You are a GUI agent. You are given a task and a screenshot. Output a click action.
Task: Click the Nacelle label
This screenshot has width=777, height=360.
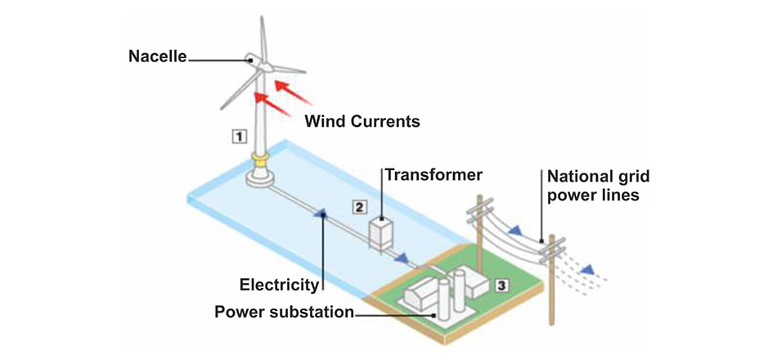[157, 57]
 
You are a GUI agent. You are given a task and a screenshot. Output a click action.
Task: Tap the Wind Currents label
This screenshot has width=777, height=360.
[362, 122]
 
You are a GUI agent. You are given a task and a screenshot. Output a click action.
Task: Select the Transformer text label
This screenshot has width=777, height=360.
[433, 175]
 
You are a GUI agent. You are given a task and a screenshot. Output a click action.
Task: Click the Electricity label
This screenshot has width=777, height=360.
[278, 285]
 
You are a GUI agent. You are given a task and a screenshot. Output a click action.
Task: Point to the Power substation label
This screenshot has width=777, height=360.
[284, 312]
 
